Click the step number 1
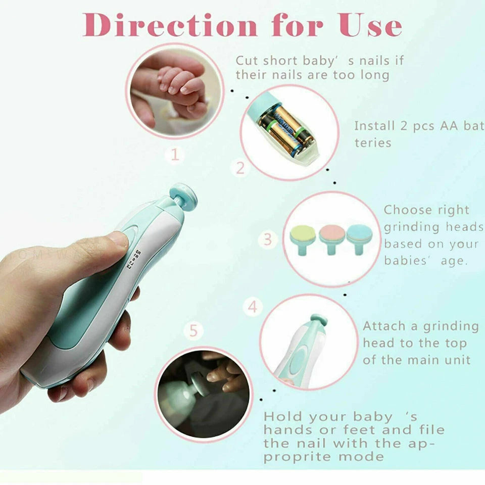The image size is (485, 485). point(174,155)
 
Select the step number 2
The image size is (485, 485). point(240,168)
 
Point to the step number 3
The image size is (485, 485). point(268,239)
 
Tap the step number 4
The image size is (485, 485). point(253,306)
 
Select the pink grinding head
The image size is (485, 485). point(331,234)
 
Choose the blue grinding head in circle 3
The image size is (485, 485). point(359,234)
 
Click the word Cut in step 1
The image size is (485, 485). point(248,60)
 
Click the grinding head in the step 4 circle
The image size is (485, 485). point(319,319)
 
